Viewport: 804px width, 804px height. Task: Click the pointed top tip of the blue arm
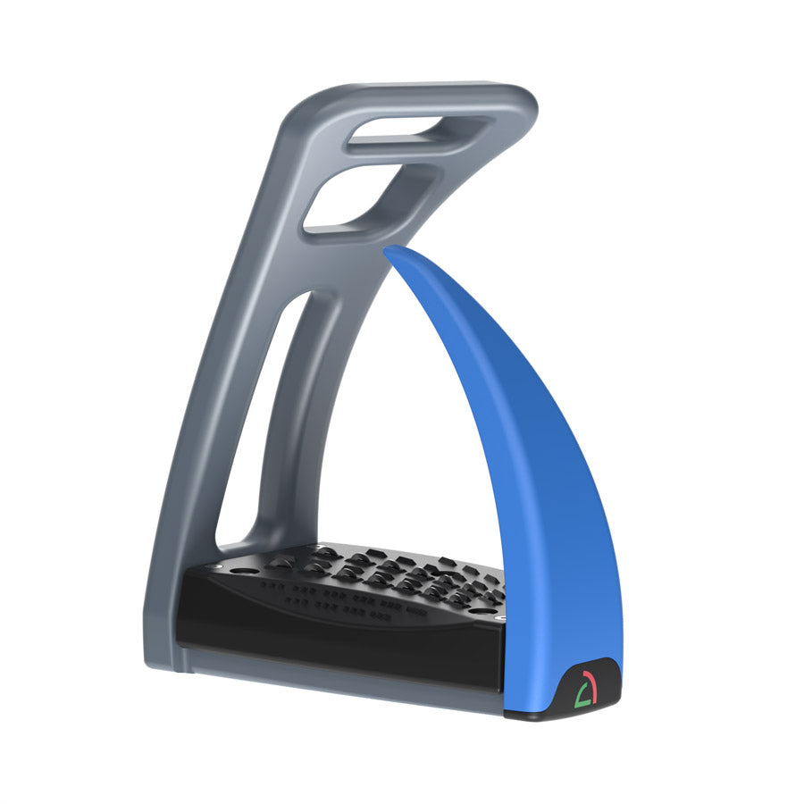(389, 251)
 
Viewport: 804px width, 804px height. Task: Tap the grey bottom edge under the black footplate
(339, 688)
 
